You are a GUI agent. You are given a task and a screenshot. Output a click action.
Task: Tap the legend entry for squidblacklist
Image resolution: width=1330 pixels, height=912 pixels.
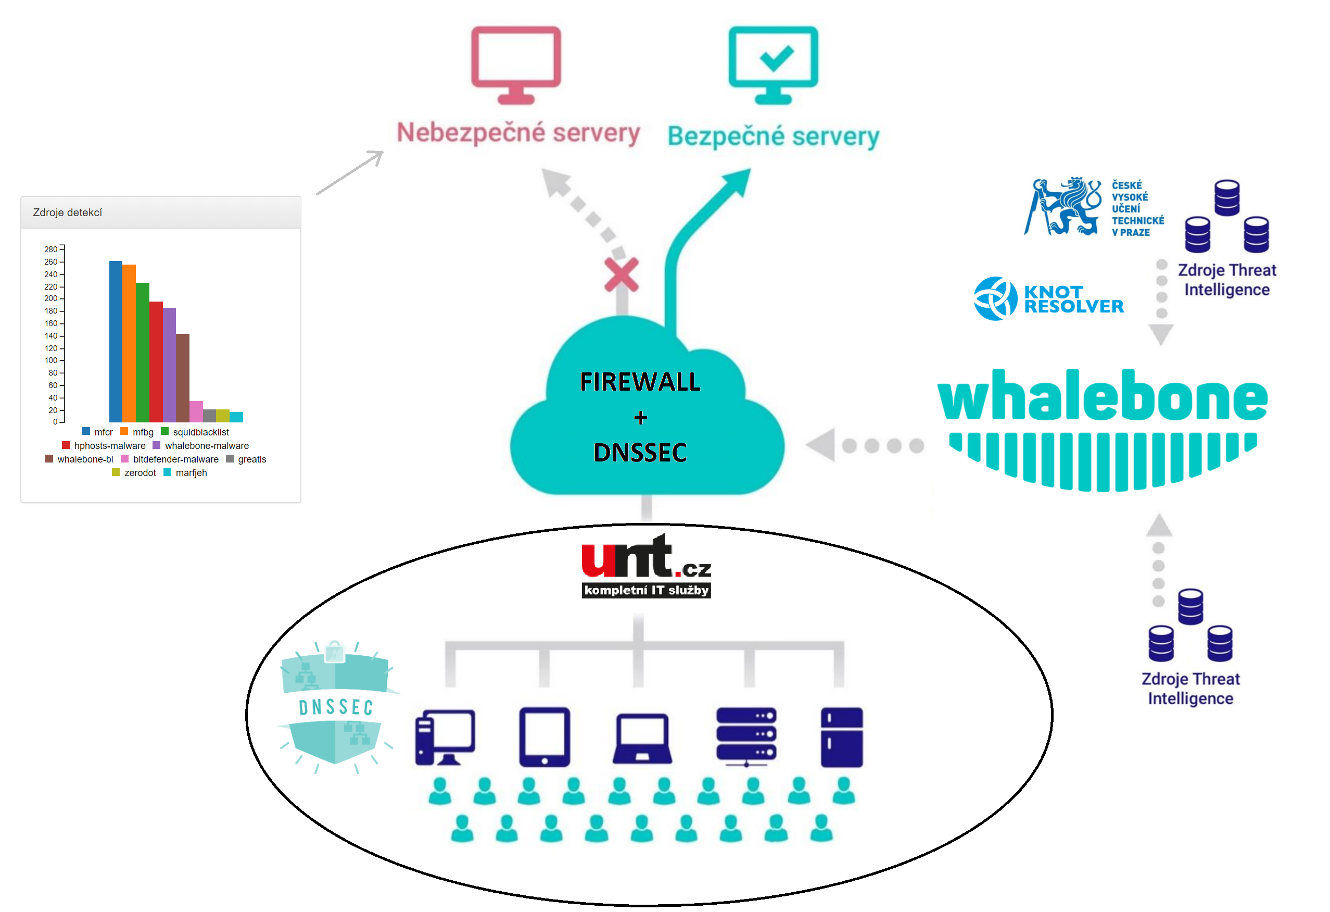[200, 432]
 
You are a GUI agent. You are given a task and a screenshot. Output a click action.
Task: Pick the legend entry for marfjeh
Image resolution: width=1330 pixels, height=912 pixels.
[191, 473]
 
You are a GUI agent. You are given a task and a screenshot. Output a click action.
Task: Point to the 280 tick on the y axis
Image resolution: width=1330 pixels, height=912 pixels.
[51, 249]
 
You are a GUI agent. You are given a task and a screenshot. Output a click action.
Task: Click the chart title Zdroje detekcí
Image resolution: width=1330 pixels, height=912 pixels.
[68, 213]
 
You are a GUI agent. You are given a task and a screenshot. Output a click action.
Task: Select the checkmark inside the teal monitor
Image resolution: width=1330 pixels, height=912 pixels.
[776, 57]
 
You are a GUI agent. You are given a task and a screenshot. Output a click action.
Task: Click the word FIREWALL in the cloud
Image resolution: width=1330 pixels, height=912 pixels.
[640, 382]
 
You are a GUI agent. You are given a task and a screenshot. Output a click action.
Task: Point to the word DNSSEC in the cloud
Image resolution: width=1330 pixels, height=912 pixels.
[640, 453]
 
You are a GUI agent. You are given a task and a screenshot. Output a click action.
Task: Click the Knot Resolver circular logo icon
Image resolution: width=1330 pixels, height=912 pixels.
[995, 299]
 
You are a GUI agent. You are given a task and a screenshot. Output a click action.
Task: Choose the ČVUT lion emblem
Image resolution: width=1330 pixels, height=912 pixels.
[1063, 207]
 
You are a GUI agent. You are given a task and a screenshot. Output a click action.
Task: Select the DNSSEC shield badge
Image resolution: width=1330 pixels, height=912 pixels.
[336, 707]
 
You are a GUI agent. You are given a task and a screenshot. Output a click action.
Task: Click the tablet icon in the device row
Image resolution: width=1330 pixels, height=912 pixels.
[544, 737]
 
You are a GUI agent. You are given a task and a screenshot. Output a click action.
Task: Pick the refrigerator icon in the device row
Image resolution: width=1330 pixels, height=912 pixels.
[841, 737]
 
